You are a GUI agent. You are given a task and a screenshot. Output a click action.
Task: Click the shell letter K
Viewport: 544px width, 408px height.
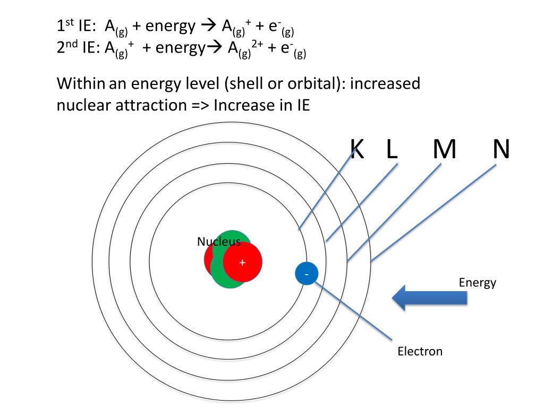[358, 149]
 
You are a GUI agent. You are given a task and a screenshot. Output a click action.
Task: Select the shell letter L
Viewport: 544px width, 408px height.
[392, 149]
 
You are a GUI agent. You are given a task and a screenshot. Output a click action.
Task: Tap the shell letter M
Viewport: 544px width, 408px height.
[444, 149]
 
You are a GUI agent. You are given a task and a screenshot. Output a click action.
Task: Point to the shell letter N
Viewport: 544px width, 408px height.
[500, 149]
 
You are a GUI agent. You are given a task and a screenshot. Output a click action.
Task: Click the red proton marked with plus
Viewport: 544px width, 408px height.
[242, 263]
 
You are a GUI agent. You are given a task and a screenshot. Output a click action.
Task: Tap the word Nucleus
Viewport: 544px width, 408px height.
[218, 242]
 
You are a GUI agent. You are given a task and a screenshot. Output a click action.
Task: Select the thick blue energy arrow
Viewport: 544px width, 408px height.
[430, 297]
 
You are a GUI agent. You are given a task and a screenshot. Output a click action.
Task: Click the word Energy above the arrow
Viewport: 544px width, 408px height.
[478, 282]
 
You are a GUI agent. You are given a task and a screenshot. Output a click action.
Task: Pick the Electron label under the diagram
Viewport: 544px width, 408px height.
[420, 351]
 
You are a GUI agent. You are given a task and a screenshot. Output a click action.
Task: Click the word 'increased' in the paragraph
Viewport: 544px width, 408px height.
[386, 83]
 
